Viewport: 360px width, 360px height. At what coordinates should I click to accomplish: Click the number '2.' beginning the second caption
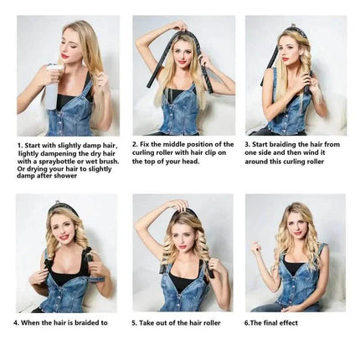click(x=135, y=145)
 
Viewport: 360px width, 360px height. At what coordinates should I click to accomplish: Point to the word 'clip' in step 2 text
click(x=213, y=152)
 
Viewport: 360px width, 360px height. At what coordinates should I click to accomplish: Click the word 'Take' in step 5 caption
click(x=147, y=323)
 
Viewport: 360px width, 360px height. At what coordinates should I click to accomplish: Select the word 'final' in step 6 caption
click(x=270, y=323)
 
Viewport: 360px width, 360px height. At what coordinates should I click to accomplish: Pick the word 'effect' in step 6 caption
click(x=289, y=323)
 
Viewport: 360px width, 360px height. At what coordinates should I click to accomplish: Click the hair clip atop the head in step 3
click(x=292, y=25)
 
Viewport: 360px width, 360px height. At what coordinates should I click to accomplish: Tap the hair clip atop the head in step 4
click(x=57, y=202)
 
